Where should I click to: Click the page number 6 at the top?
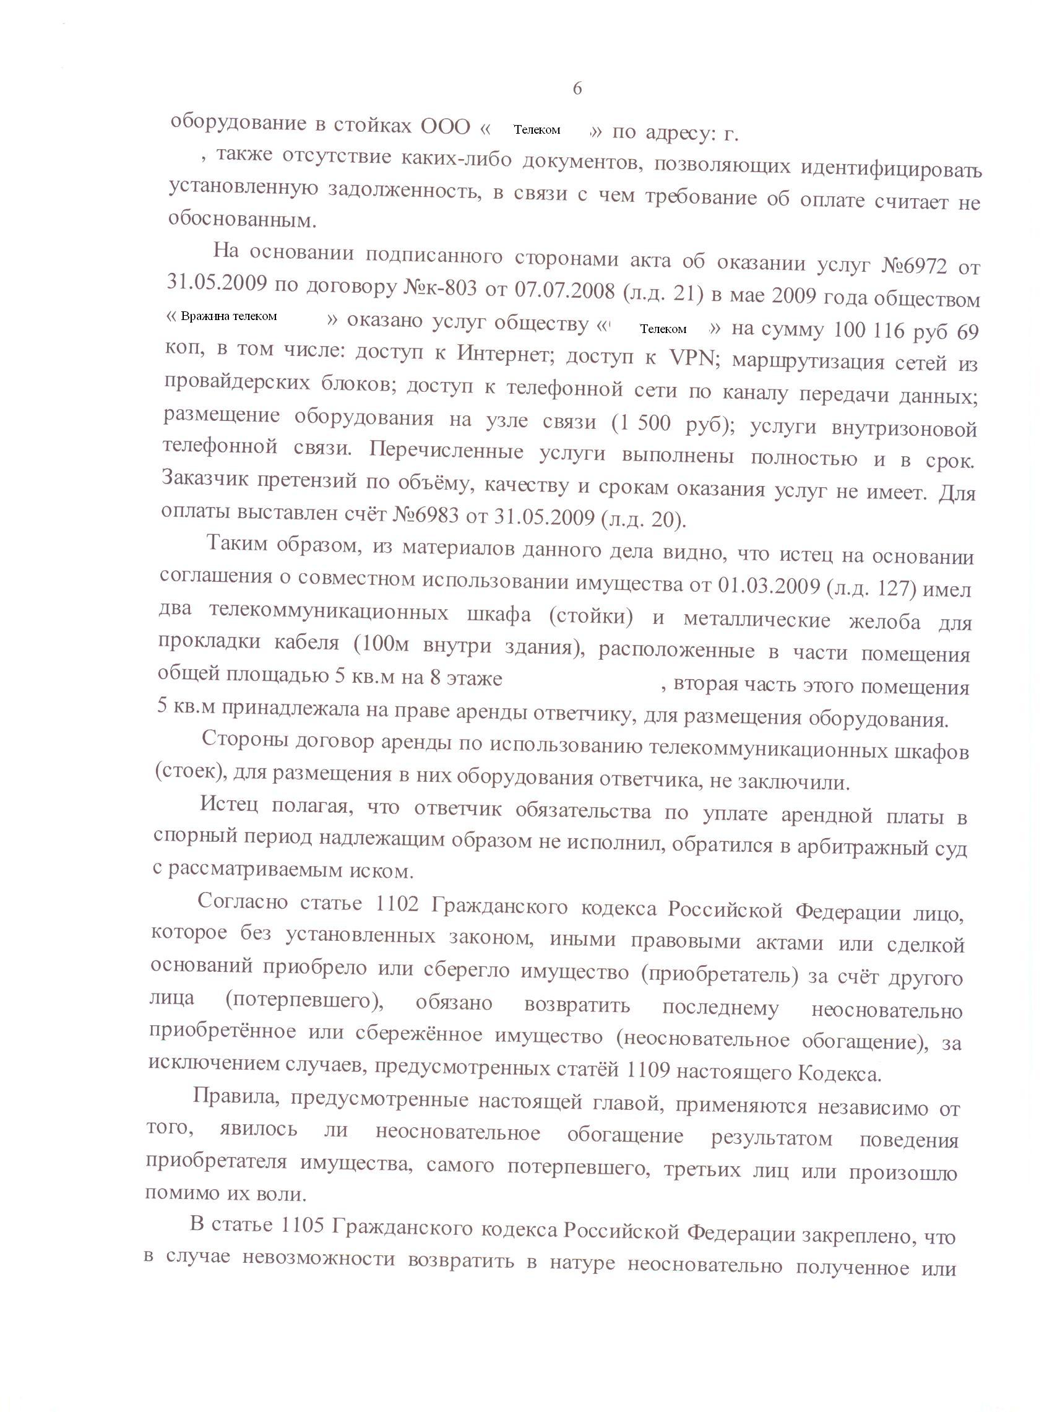tap(577, 89)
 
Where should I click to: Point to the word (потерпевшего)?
tap(304, 1000)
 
